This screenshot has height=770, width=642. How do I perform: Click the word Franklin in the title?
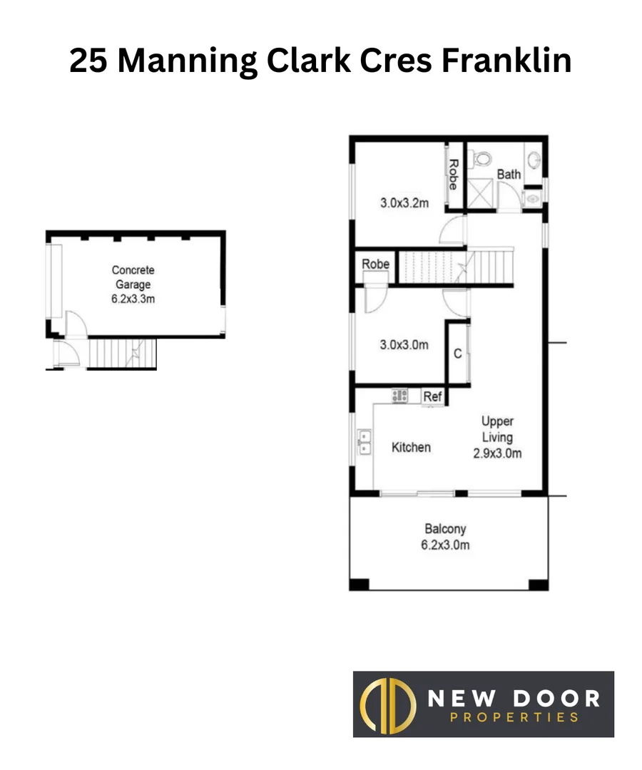[x=506, y=61]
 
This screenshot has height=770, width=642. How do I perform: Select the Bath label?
[x=509, y=175]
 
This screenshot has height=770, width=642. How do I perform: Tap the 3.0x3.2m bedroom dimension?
[x=404, y=203]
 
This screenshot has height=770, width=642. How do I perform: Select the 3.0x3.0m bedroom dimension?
[x=404, y=345]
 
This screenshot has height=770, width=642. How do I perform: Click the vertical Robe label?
[x=453, y=173]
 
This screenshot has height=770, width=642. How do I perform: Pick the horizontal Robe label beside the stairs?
[x=375, y=265]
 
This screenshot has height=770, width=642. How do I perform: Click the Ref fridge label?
[x=432, y=396]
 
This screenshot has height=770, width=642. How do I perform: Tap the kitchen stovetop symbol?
[x=399, y=394]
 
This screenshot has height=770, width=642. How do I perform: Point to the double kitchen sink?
[x=364, y=442]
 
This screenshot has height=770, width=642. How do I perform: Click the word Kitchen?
[x=411, y=448]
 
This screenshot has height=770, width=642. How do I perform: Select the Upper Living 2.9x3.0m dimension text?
[x=497, y=452]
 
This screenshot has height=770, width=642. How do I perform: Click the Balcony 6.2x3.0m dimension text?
[x=445, y=545]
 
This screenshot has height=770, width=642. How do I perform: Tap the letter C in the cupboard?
[x=458, y=354]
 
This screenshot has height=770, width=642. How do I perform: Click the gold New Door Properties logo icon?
[x=389, y=704]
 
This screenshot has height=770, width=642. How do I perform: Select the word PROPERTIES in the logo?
[x=514, y=717]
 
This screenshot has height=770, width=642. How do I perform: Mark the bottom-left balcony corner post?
[x=359, y=585]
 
